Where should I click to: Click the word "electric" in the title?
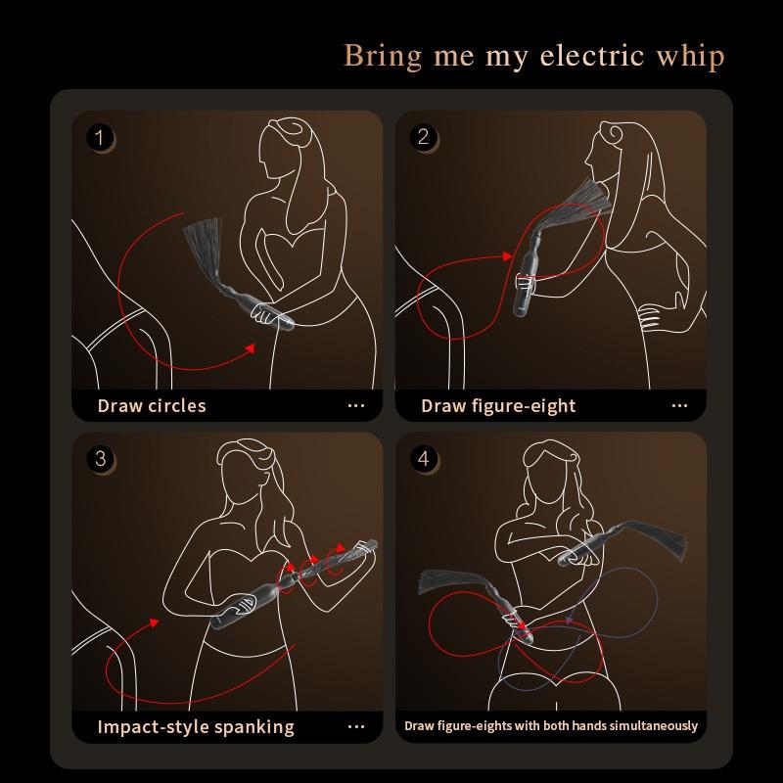591,56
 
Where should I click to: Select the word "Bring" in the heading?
383,57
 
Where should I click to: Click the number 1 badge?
100,137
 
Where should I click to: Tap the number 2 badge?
423,137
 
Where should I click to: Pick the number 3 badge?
100,458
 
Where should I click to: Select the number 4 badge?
424,458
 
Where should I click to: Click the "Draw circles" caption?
152,405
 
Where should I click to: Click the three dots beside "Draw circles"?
356,406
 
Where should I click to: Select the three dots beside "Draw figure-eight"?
679,406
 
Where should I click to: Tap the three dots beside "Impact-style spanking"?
356,727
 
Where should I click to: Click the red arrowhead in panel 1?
251,348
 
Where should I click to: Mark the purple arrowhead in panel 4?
569,622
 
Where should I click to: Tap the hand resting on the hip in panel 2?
651,316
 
